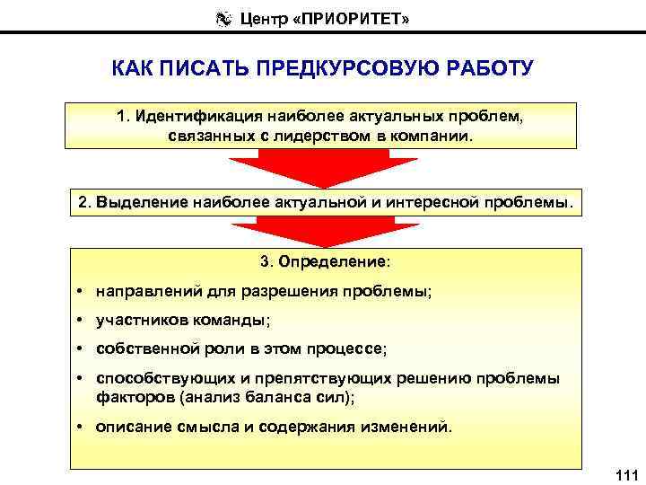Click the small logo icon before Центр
point(224,17)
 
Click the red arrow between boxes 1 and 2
point(322,169)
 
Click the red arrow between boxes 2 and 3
point(322,233)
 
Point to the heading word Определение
point(333,262)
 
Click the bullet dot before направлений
point(81,293)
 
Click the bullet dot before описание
point(81,427)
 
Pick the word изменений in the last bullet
point(408,427)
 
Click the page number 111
point(624,473)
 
